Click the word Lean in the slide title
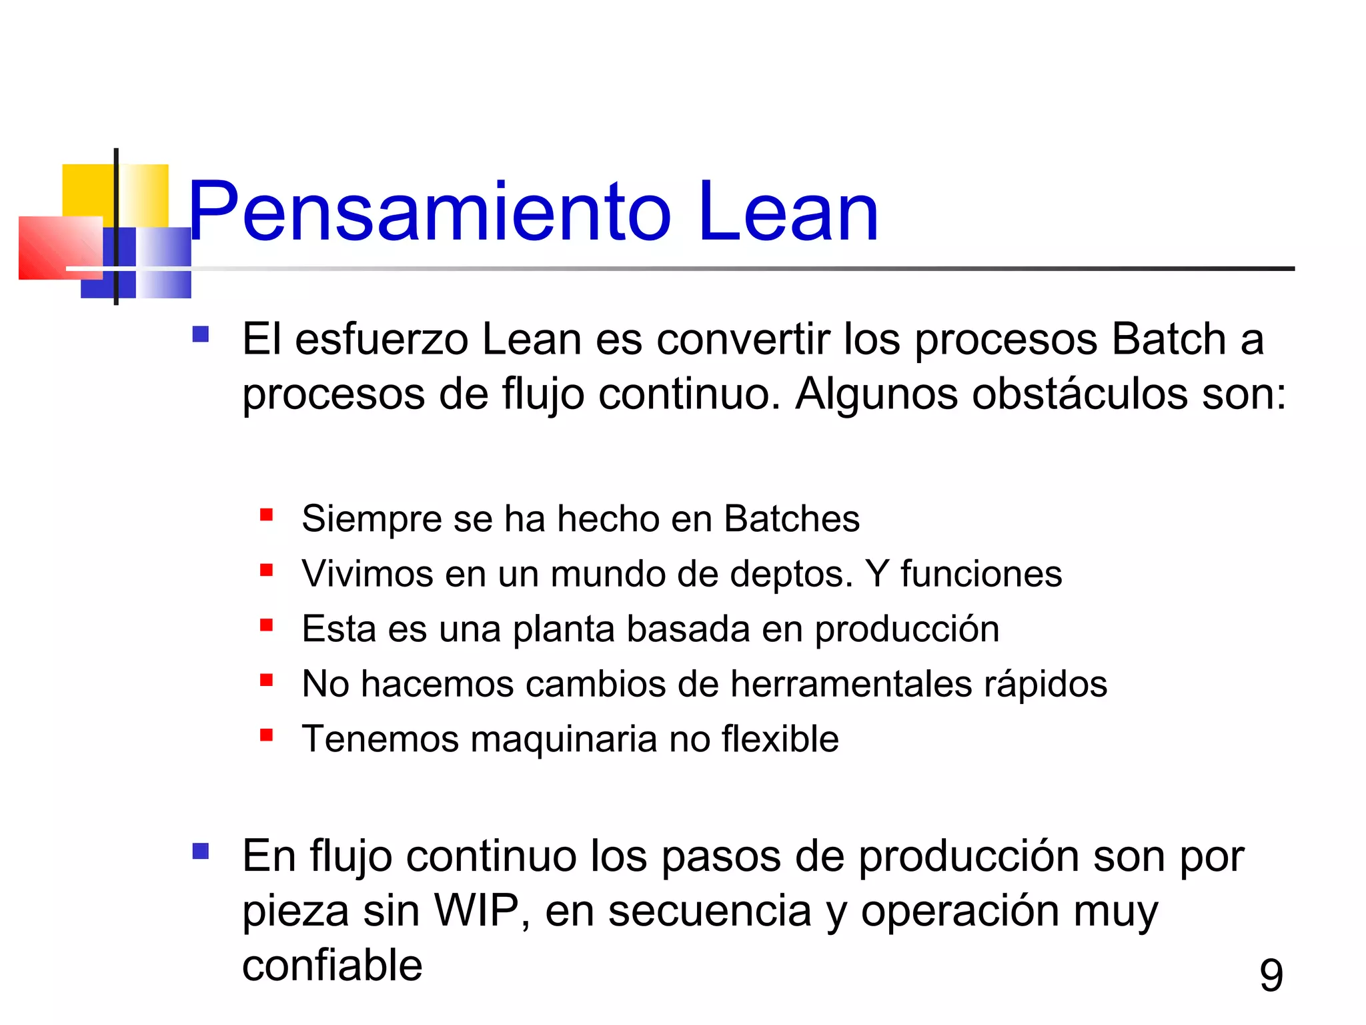tap(787, 212)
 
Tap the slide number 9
tap(1271, 975)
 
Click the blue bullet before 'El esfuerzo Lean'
tap(200, 334)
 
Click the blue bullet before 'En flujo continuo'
tap(200, 851)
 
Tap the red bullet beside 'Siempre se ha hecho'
tap(267, 515)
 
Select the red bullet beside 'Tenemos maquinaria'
tap(267, 735)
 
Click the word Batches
tap(792, 519)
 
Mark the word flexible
tap(780, 739)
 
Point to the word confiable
tap(332, 966)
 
